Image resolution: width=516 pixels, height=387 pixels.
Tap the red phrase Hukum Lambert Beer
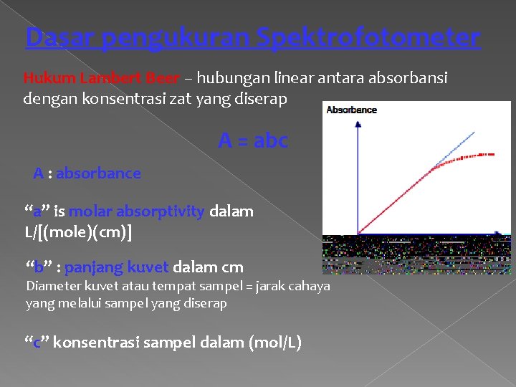(101, 78)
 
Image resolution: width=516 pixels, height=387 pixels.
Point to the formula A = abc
(252, 141)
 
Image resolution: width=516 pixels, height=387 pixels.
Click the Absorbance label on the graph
(351, 110)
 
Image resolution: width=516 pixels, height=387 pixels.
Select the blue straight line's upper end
(474, 132)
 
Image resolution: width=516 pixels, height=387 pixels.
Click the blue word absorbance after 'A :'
(98, 173)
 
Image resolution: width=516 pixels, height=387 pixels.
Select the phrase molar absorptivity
(137, 211)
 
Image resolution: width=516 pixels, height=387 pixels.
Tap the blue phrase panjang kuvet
(117, 267)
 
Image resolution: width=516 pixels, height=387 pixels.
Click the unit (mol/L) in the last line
(274, 343)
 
